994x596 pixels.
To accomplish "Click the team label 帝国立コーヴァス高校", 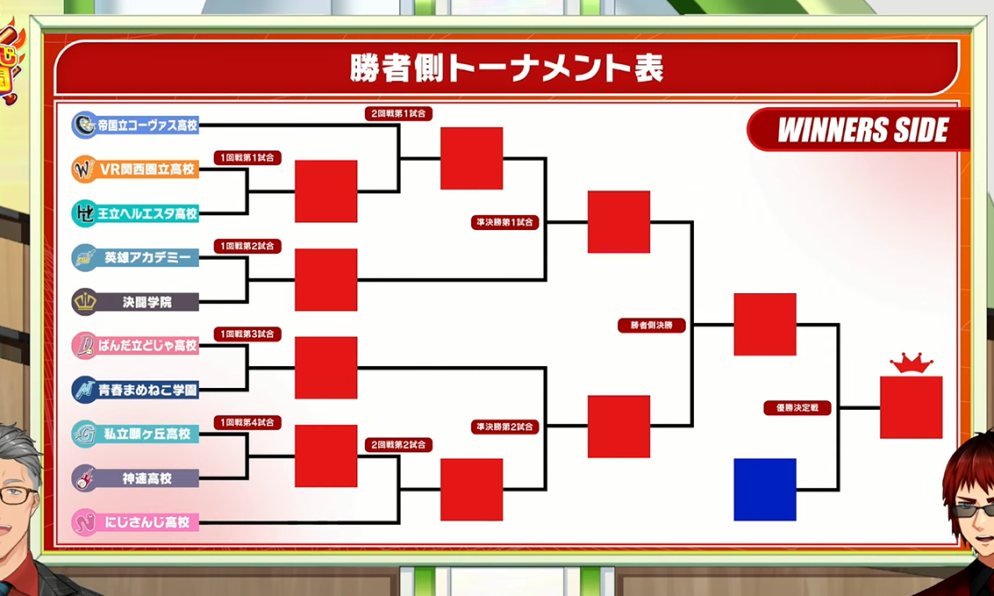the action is click(135, 125).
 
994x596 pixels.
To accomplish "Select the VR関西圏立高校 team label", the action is click(135, 169).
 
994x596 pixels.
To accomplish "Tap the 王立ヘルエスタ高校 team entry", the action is click(135, 213).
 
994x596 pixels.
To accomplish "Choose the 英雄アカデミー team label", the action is click(135, 257).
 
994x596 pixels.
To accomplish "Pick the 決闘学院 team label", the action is click(135, 302).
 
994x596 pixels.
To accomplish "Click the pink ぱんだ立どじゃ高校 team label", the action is click(135, 346).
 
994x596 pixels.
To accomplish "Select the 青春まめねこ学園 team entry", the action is click(135, 390).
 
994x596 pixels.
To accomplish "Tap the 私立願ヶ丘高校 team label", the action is click(135, 434).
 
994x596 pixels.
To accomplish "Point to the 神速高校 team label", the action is click(135, 478).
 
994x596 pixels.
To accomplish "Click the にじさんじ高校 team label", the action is click(135, 521).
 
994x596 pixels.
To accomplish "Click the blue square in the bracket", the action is click(764, 490).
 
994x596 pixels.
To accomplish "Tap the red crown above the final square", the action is click(911, 364).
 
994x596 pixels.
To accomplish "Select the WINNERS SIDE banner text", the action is click(862, 130).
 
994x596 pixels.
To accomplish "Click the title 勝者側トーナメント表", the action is click(506, 68).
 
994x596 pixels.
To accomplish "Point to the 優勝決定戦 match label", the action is click(797, 407).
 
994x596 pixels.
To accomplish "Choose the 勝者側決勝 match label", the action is click(652, 326).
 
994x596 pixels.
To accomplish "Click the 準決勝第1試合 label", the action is click(505, 222).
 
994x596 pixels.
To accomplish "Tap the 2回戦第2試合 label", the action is click(399, 445).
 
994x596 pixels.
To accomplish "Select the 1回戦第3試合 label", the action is click(247, 334).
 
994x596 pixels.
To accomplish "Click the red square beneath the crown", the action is click(911, 407).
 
